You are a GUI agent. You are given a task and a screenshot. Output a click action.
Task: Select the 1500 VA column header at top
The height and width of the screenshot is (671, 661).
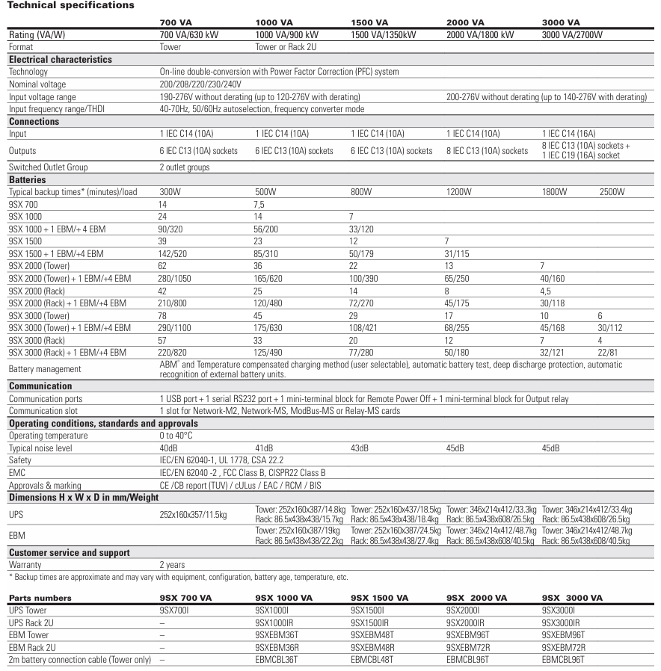[369, 23]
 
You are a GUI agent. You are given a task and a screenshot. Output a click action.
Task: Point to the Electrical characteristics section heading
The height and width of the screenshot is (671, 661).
[60, 59]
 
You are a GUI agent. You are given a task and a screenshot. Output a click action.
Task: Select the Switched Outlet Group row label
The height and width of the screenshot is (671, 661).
[48, 168]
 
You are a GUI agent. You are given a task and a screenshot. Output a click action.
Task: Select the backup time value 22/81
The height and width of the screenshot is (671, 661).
[609, 350]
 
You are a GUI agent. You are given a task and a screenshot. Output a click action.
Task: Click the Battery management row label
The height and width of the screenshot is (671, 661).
[44, 369]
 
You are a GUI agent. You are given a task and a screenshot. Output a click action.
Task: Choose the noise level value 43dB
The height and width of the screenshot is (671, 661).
[360, 448]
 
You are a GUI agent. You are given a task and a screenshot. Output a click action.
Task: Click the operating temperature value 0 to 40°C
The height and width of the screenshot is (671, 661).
[177, 436]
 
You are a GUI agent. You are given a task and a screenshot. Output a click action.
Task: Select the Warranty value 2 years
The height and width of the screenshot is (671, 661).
[173, 565]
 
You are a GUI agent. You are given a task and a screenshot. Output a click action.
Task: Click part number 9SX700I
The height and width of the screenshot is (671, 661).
[176, 610]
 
